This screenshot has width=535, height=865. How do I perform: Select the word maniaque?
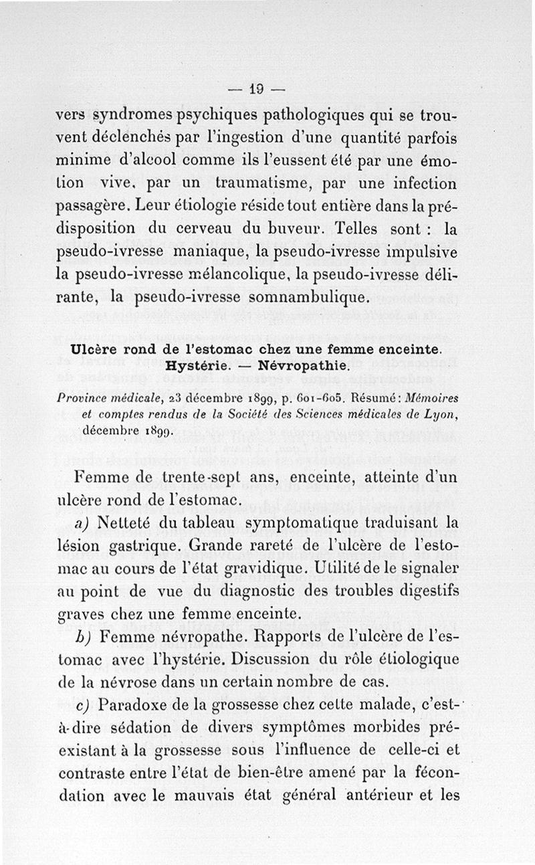pyautogui.click(x=215, y=251)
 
